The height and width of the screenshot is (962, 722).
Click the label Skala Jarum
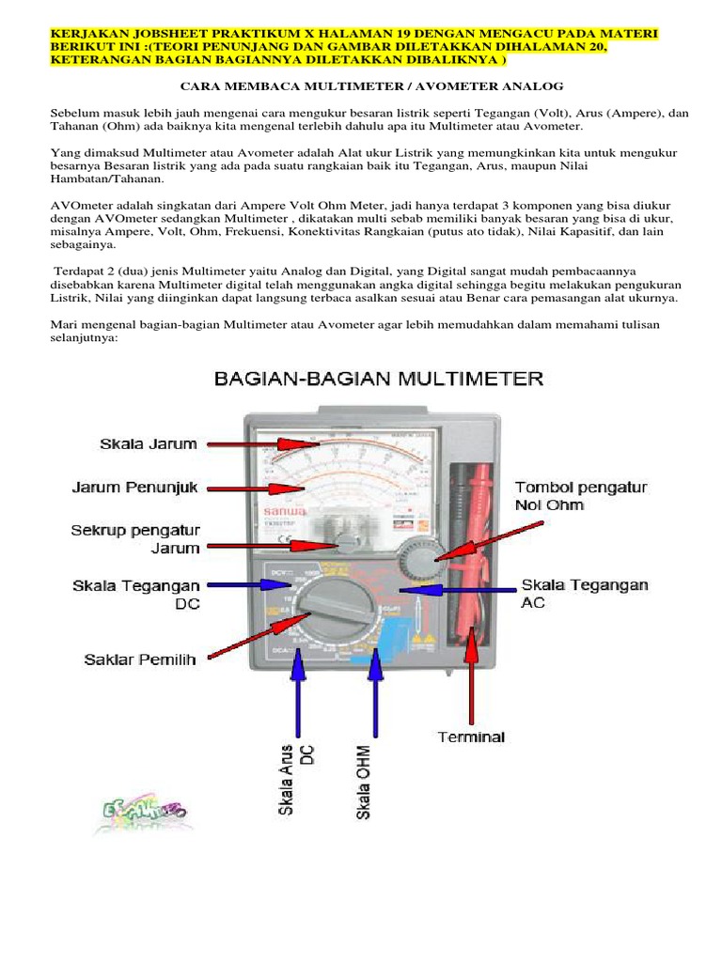(147, 442)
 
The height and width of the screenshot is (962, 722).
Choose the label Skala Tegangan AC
(585, 593)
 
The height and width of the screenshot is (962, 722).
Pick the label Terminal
(471, 737)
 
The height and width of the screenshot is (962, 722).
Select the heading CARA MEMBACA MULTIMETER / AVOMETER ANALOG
(360, 86)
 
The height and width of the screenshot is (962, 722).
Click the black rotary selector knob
(325, 605)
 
